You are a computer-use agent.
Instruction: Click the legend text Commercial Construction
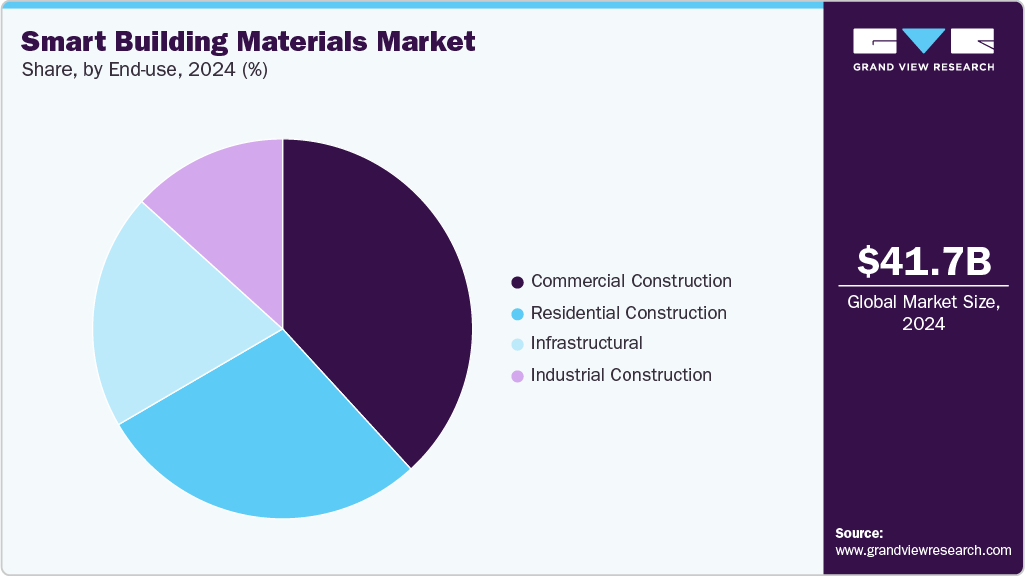(x=631, y=281)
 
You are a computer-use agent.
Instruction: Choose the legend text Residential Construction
(x=628, y=313)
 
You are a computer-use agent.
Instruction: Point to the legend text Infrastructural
(x=586, y=344)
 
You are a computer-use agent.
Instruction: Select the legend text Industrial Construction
(x=621, y=376)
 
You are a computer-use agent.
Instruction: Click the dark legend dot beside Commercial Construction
(x=517, y=283)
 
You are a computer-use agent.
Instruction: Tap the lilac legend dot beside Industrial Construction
(x=517, y=377)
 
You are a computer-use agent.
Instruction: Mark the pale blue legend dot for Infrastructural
(x=517, y=345)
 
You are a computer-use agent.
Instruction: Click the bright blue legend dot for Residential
(x=517, y=314)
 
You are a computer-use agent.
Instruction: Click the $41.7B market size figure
(x=924, y=261)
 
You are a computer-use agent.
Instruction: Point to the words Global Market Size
(x=922, y=302)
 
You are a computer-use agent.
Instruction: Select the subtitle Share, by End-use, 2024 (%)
(x=144, y=70)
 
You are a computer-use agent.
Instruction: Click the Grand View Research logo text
(x=923, y=67)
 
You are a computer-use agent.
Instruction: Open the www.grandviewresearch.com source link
(x=923, y=550)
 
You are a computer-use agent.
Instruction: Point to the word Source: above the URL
(x=859, y=533)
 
